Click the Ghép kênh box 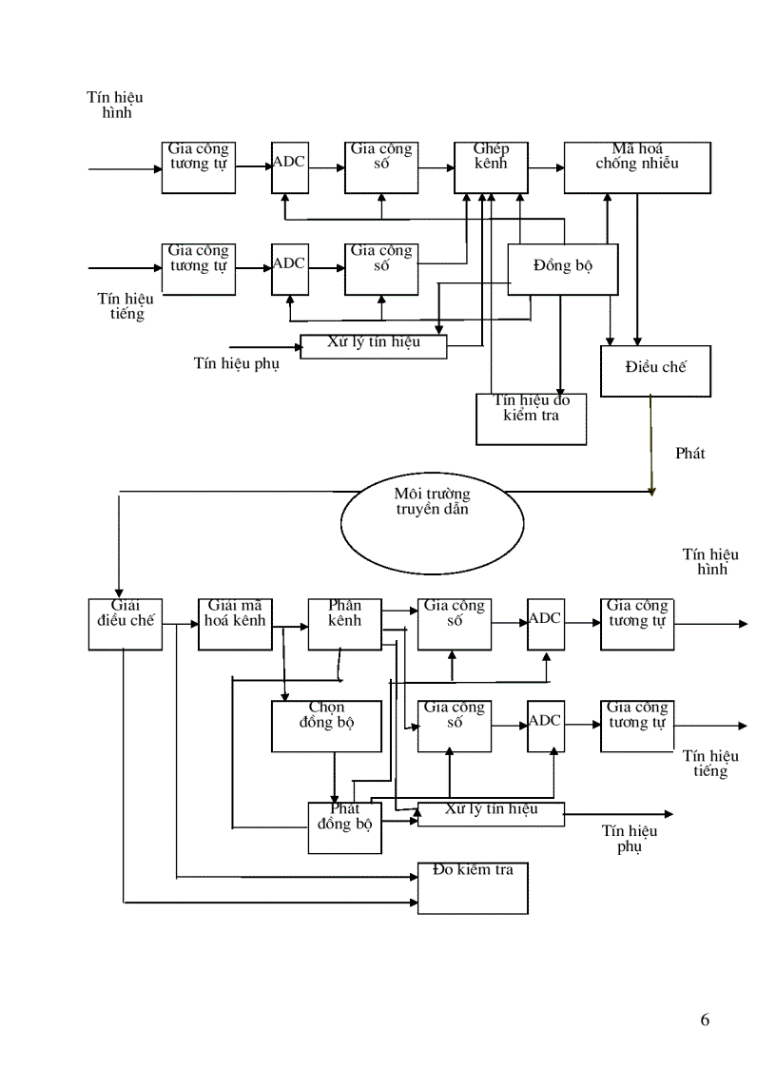(x=492, y=167)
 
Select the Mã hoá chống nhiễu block (x=637, y=167)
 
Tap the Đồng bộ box (x=563, y=268)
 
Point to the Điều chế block (x=655, y=371)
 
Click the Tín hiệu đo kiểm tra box (x=531, y=418)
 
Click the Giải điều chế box (x=125, y=624)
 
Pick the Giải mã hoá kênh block (x=235, y=624)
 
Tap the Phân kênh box (x=344, y=624)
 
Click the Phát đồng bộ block (x=344, y=827)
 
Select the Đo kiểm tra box (x=473, y=888)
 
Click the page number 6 (x=705, y=1020)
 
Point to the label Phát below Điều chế (x=689, y=454)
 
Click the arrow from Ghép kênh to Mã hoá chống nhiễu (x=546, y=168)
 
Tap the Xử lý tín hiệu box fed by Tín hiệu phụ (x=374, y=347)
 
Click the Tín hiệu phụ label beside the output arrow (x=629, y=838)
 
